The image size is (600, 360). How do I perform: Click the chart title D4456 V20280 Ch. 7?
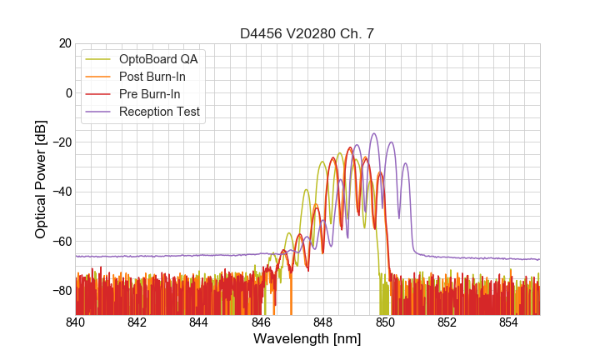(307, 34)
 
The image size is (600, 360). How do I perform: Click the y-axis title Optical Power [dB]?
(40, 178)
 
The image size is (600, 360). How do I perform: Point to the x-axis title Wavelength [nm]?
(307, 339)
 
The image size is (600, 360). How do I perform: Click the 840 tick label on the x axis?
(76, 322)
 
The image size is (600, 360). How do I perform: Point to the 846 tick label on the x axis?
(262, 322)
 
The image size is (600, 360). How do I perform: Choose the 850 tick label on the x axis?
(385, 322)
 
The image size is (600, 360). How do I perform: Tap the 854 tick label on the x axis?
(508, 322)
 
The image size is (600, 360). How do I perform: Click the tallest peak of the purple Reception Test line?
(374, 133)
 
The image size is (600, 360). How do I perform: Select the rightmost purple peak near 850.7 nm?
(405, 163)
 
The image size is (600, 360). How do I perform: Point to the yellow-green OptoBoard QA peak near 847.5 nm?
(306, 190)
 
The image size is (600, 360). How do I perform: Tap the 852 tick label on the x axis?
(447, 322)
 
